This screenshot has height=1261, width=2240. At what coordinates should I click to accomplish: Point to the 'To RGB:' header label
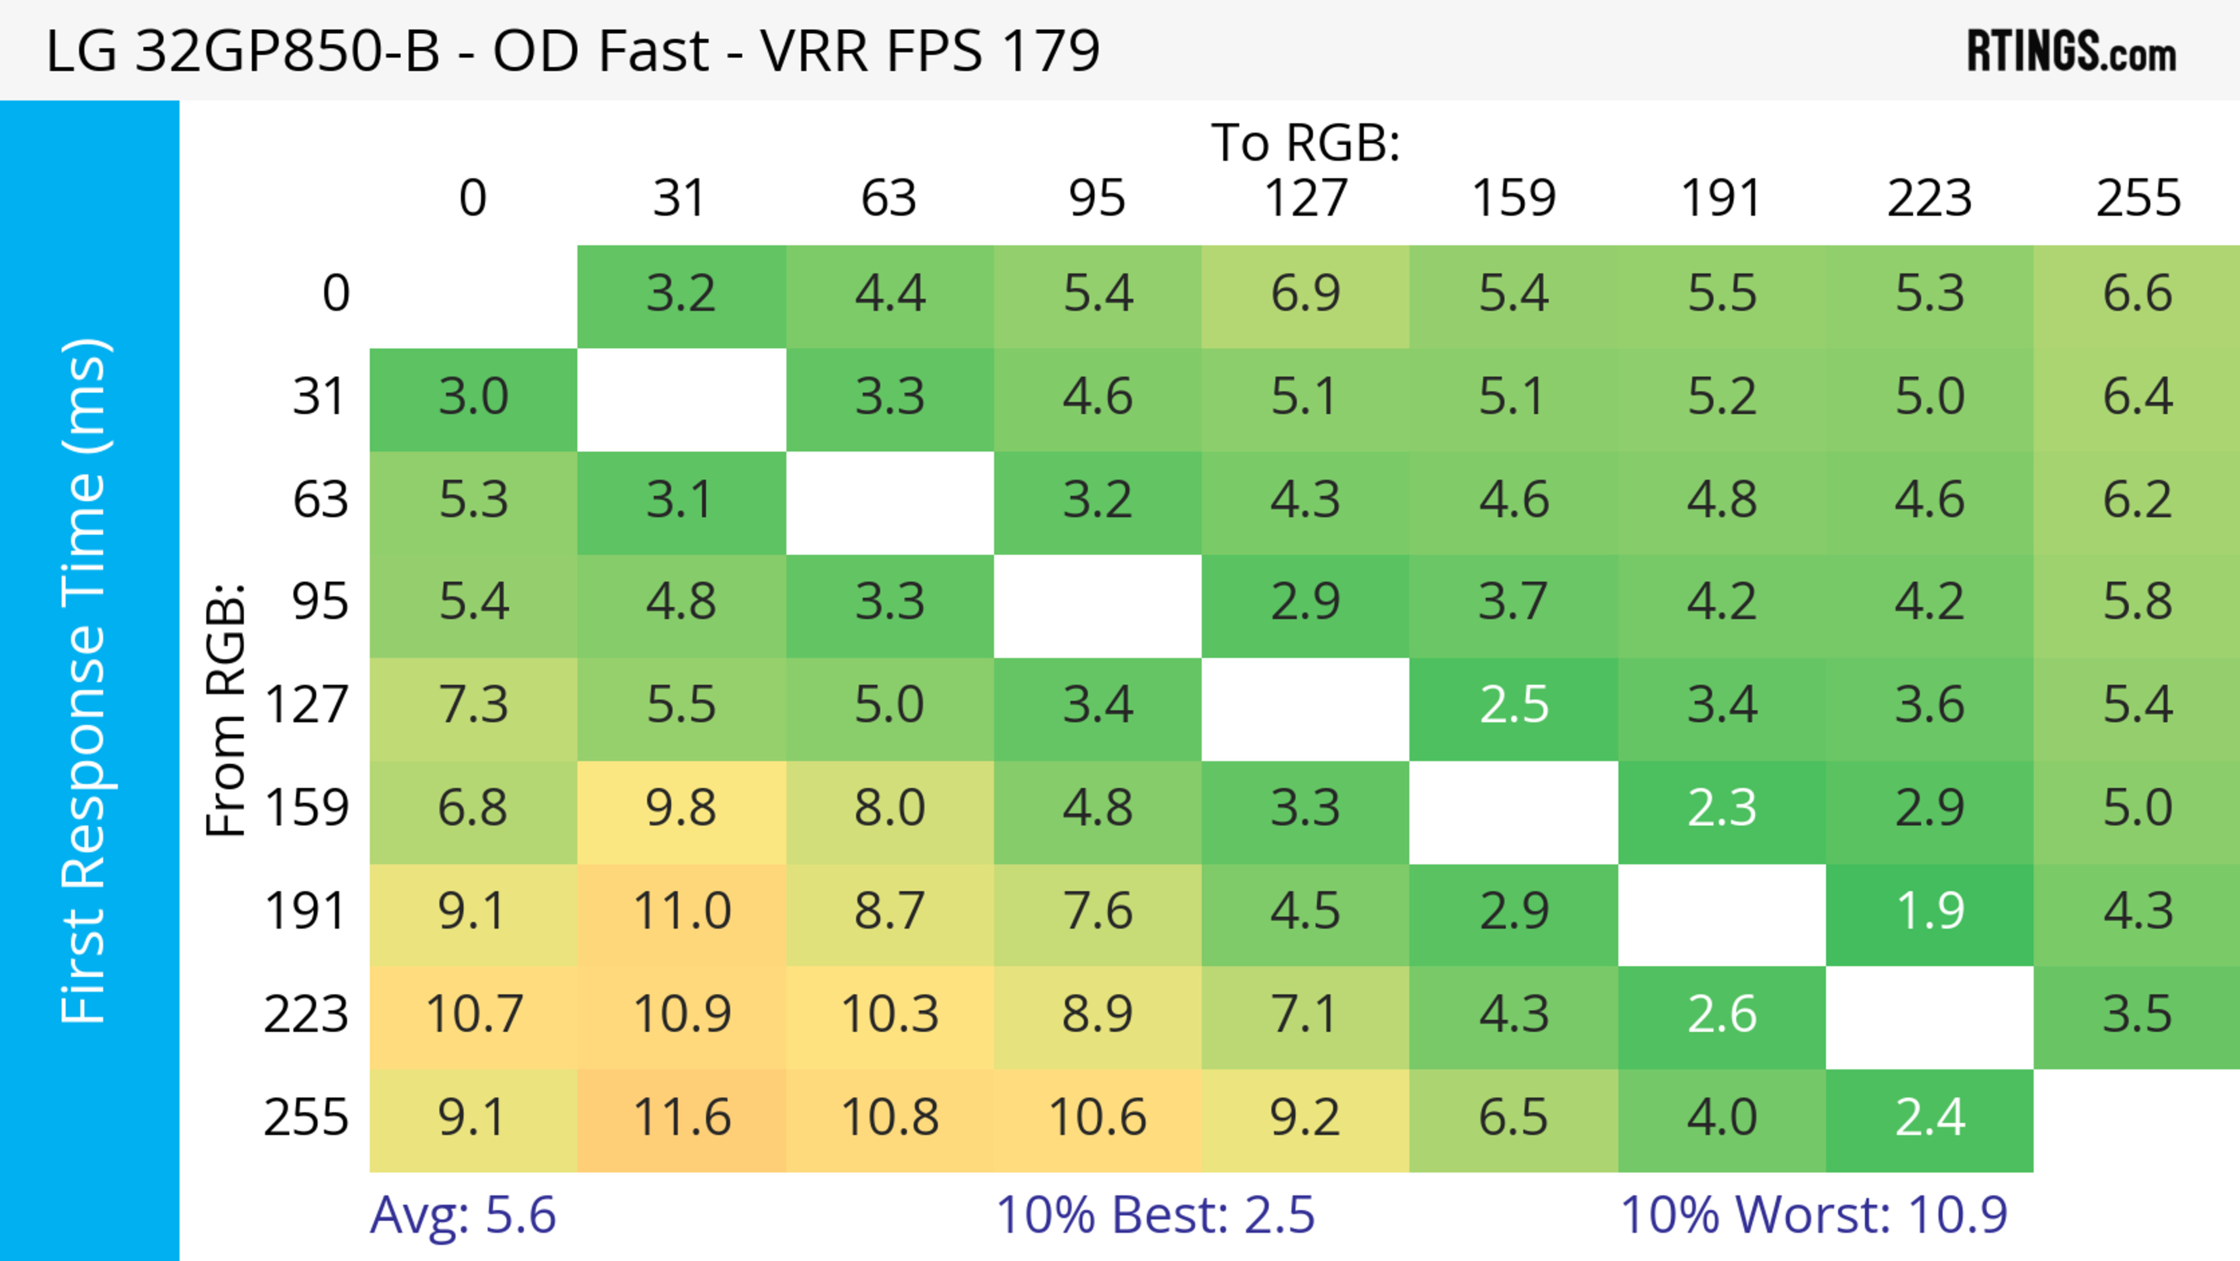tap(1305, 142)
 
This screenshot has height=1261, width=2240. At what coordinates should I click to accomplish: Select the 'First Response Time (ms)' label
tap(85, 680)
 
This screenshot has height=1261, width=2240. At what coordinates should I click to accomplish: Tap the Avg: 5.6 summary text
tap(463, 1215)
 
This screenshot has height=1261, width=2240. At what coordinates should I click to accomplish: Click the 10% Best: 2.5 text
tap(1155, 1215)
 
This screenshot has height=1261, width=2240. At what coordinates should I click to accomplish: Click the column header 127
tap(1305, 198)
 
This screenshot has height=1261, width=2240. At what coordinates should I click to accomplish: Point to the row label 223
tap(306, 1015)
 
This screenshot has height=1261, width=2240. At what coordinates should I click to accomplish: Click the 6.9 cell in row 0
tap(1305, 293)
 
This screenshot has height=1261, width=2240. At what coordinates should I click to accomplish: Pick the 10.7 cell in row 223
tap(474, 1015)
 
